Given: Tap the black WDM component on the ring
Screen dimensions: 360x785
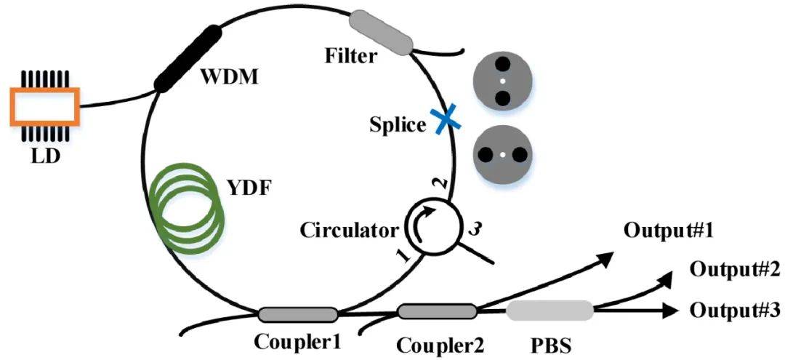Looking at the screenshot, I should [x=188, y=58].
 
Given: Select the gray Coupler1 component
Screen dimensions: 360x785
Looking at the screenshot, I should [x=298, y=314].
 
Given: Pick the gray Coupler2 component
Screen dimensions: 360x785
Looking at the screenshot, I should [x=437, y=311].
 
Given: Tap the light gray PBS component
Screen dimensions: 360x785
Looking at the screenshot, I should [x=549, y=311].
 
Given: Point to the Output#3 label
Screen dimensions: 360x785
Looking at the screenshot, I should [x=735, y=311].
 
